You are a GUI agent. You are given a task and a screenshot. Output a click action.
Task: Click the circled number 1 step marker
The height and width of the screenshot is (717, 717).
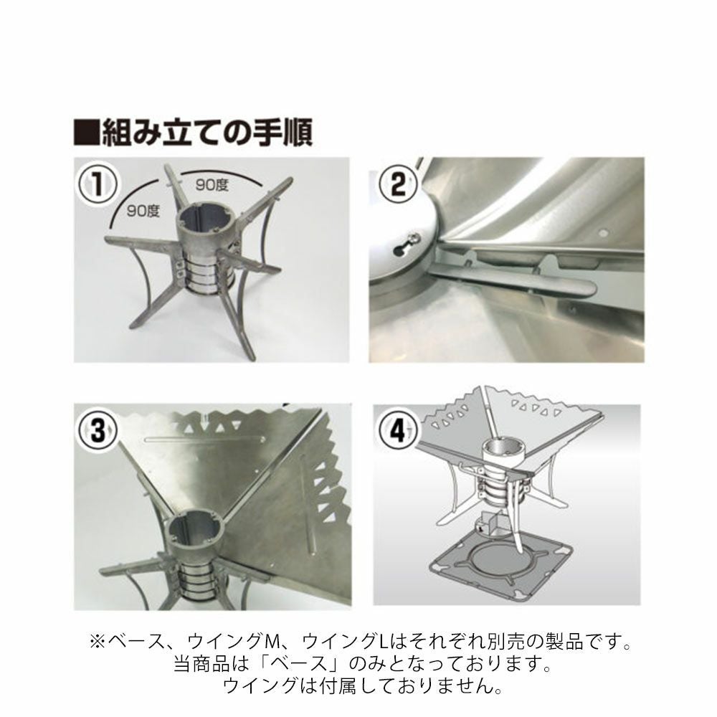coord(98,184)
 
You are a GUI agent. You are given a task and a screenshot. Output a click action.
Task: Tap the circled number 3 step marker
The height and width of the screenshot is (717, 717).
coord(98,431)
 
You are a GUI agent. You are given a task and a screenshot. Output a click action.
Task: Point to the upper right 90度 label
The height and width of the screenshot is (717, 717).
coord(212,185)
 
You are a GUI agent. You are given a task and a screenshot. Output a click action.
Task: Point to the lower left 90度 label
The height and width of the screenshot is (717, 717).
coord(143,212)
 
